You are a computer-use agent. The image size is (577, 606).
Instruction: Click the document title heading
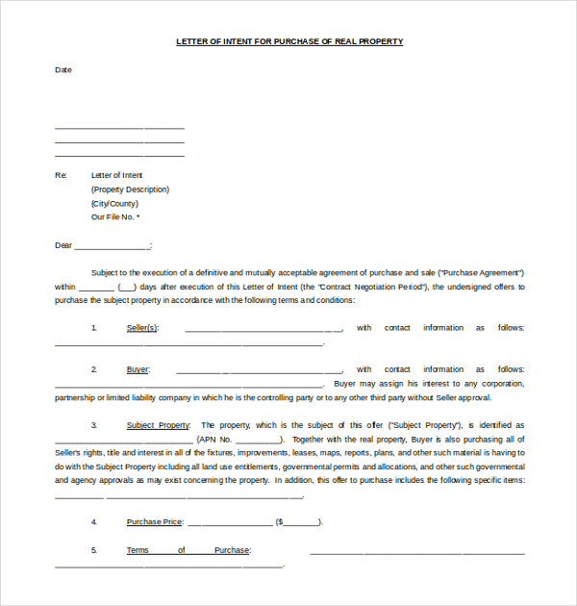pyautogui.click(x=289, y=41)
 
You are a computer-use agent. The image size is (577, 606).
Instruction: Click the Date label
pyautogui.click(x=63, y=69)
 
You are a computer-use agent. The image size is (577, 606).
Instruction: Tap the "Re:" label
pyautogui.click(x=61, y=175)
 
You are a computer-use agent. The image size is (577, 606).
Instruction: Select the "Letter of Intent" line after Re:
pyautogui.click(x=116, y=175)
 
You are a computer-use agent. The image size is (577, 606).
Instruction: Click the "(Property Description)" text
pyautogui.click(x=130, y=189)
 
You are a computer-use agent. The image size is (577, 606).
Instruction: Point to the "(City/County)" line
pyautogui.click(x=114, y=204)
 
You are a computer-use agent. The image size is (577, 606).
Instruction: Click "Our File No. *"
pyautogui.click(x=115, y=217)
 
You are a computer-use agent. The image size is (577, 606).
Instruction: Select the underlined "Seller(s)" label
pyautogui.click(x=142, y=328)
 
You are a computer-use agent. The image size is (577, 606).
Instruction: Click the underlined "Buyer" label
pyautogui.click(x=138, y=369)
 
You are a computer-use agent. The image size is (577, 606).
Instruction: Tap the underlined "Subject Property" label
pyautogui.click(x=158, y=425)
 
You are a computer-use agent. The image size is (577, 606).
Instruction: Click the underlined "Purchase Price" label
pyautogui.click(x=154, y=522)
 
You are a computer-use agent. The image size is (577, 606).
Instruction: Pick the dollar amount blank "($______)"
pyautogui.click(x=299, y=522)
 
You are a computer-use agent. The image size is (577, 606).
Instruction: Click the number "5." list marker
pyautogui.click(x=94, y=550)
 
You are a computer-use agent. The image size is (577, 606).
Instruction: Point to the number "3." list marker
pyautogui.click(x=94, y=425)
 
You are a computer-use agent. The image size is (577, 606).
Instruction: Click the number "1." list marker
pyautogui.click(x=94, y=328)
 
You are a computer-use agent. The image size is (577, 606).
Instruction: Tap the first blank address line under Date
pyautogui.click(x=119, y=128)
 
